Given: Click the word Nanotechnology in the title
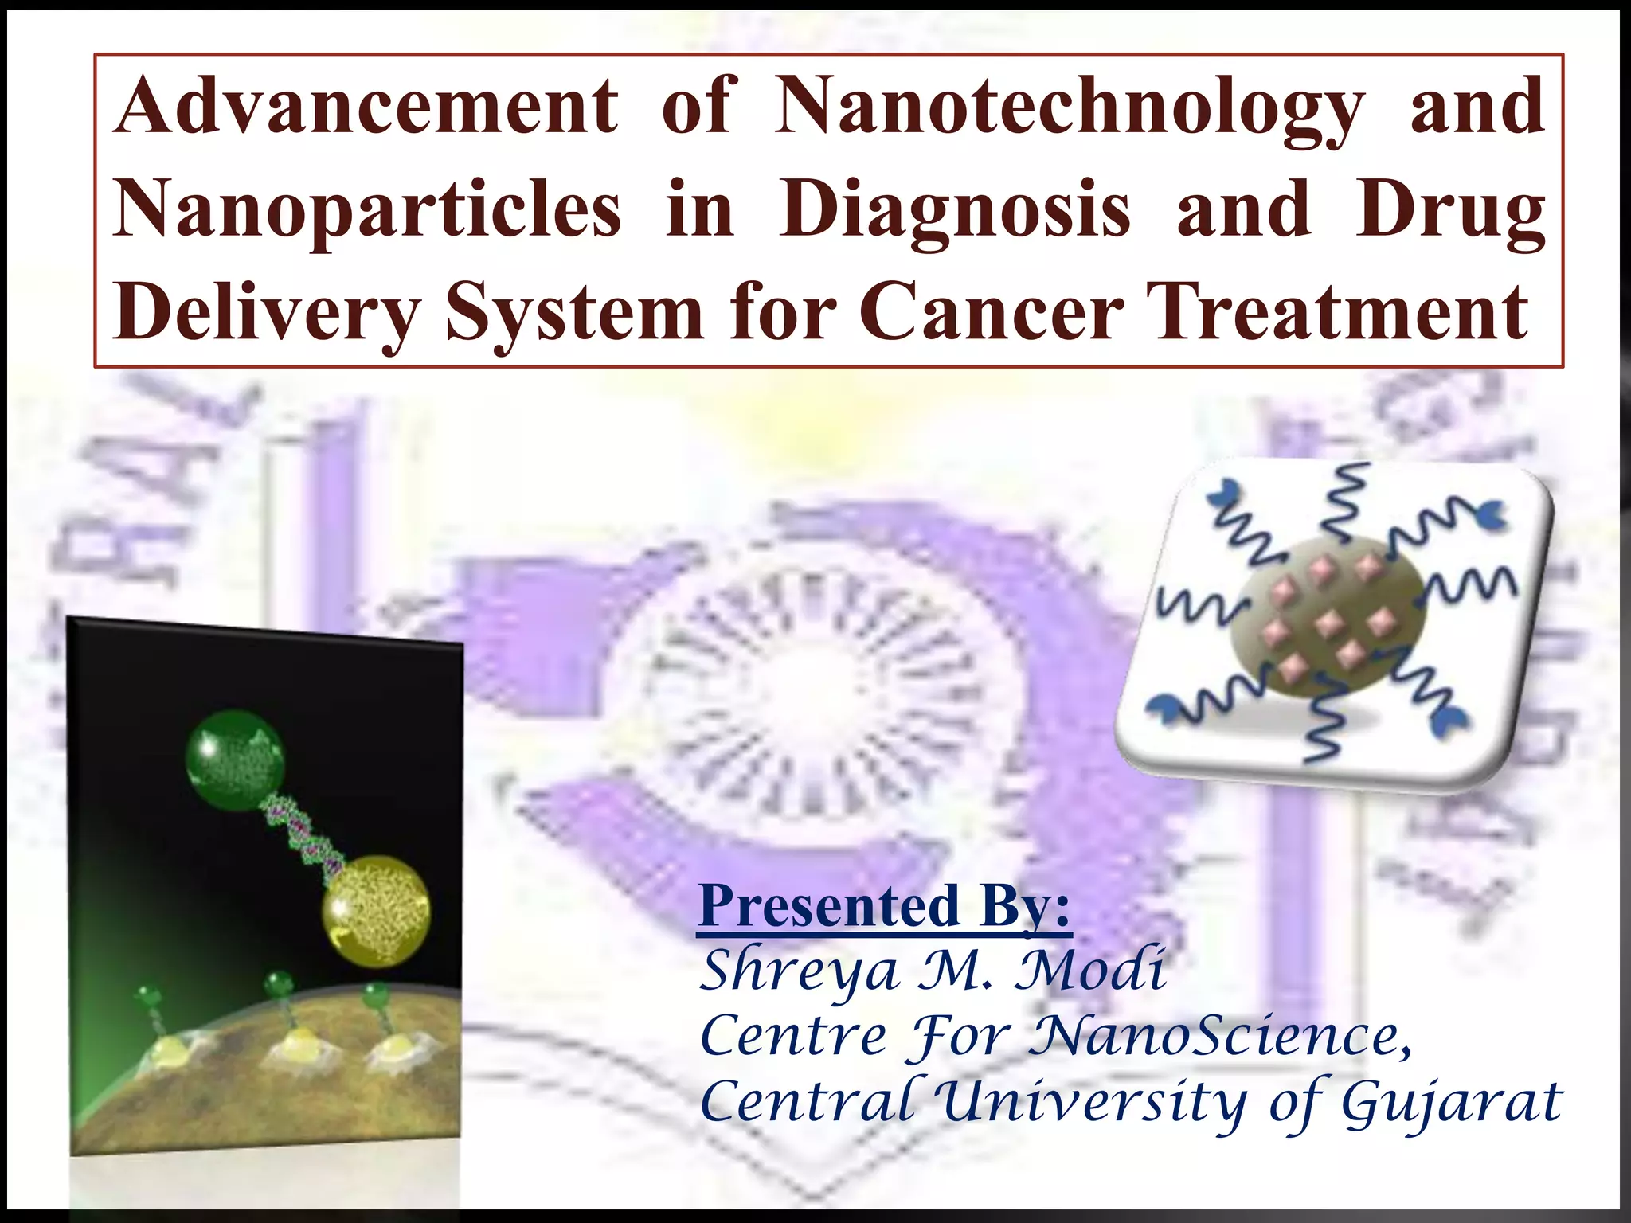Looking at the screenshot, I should [1069, 107].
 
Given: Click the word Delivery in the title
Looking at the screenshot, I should [266, 314].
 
